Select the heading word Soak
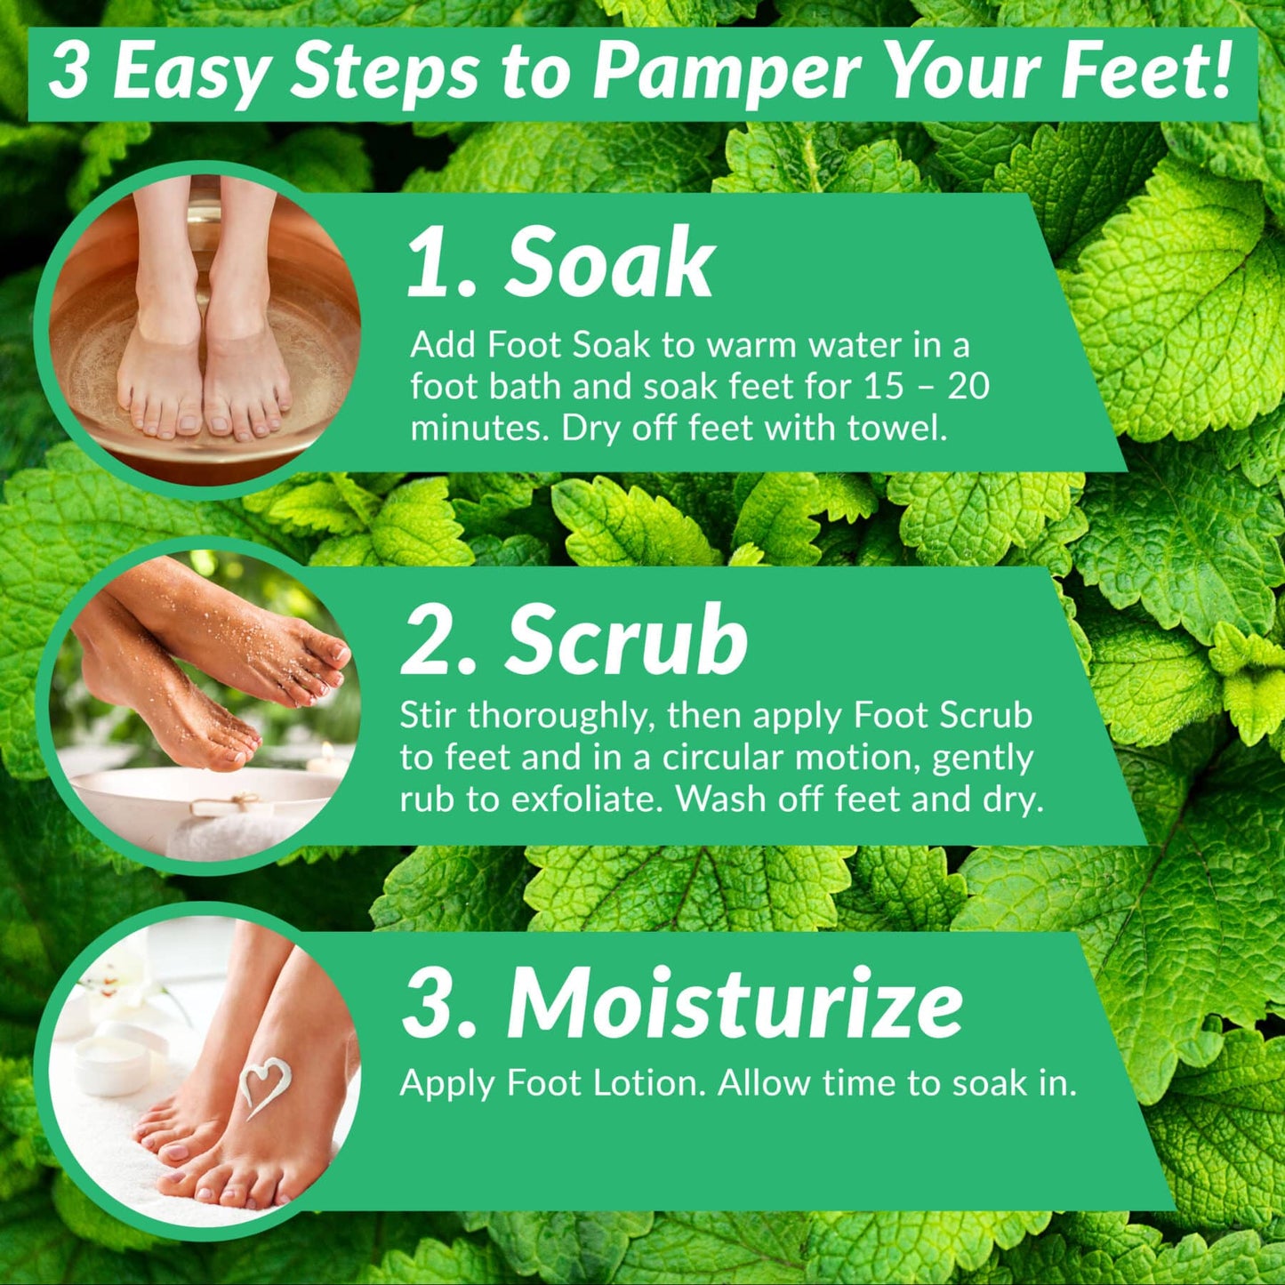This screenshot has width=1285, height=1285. [x=609, y=264]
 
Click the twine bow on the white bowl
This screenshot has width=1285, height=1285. [x=227, y=801]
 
